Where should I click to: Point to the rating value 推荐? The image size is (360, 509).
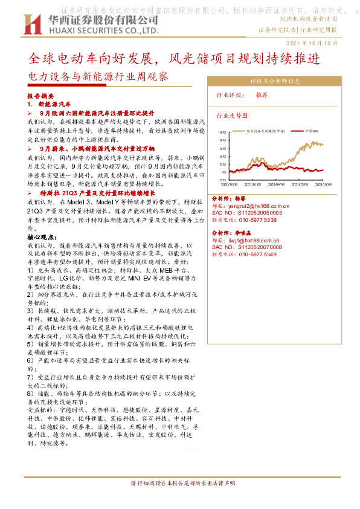262,96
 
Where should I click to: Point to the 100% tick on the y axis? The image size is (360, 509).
222,131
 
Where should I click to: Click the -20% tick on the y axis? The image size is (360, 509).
222,180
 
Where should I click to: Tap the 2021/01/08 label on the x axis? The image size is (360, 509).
252,184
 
